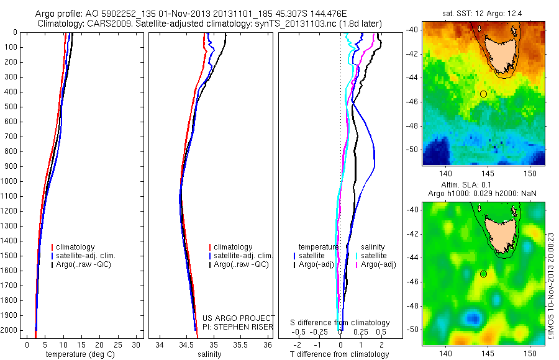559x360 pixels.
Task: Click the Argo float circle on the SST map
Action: [x=483, y=94]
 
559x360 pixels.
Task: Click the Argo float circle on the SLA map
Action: [x=483, y=274]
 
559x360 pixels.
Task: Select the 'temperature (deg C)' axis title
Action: [x=79, y=354]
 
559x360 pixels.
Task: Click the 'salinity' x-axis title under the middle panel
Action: [x=209, y=354]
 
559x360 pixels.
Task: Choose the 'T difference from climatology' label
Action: [x=340, y=354]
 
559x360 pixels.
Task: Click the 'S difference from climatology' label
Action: [x=340, y=323]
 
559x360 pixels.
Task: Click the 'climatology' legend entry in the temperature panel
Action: [x=78, y=247]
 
